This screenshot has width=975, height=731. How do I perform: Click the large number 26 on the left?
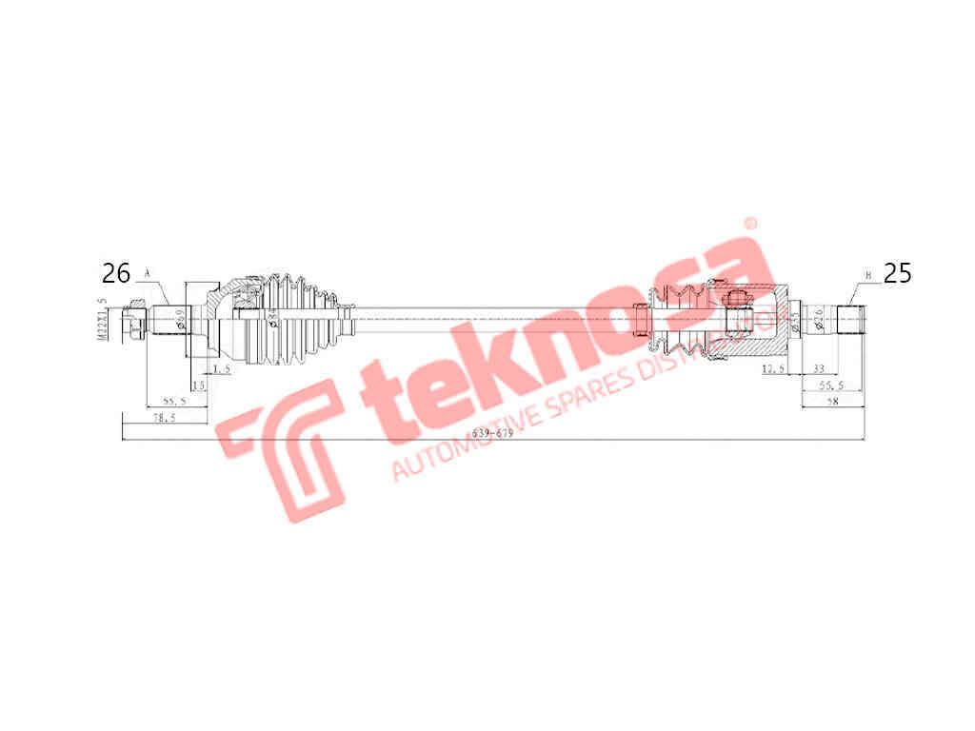[115, 274]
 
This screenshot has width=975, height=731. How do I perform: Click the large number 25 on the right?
[898, 274]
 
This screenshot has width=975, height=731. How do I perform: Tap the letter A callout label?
[148, 273]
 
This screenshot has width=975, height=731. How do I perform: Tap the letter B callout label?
[867, 276]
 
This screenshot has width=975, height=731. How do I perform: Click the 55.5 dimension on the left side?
[173, 403]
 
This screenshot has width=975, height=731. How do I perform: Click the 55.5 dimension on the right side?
[833, 386]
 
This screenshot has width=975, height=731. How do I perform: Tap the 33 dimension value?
[818, 368]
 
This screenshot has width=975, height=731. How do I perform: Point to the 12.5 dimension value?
[774, 368]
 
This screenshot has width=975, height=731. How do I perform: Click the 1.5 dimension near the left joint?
[222, 368]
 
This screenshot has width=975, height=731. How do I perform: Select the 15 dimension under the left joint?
[198, 385]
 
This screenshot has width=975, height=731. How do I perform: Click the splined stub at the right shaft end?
[850, 319]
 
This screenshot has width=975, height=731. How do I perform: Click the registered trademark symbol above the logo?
[748, 225]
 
